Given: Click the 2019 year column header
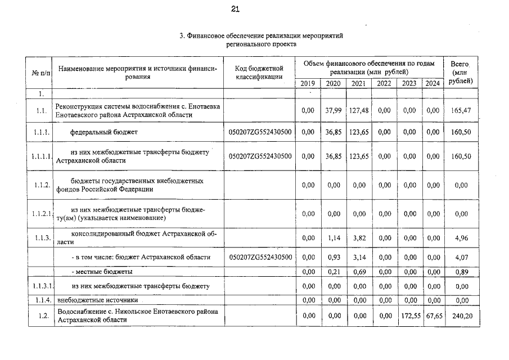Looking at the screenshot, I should [x=308, y=83].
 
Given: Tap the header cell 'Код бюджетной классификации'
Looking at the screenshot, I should [x=259, y=72].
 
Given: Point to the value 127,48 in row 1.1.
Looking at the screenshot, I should [x=358, y=110].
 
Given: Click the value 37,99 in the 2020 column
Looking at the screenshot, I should [x=334, y=110].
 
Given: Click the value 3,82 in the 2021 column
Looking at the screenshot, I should [x=358, y=237].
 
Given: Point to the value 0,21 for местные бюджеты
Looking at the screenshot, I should [x=334, y=272].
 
